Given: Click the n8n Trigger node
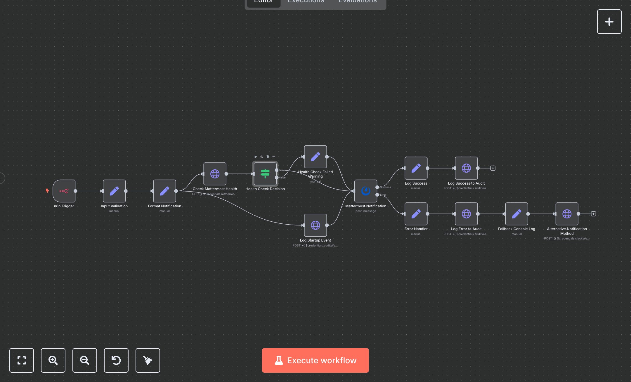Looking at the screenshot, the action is click(64, 191).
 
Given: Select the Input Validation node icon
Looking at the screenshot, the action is click(114, 191).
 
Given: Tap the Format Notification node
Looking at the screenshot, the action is click(164, 191).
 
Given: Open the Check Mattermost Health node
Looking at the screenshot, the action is click(215, 174).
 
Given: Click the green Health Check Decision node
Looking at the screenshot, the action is click(265, 174).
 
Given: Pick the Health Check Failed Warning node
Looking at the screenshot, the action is click(315, 157).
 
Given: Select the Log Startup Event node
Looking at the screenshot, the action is click(315, 225).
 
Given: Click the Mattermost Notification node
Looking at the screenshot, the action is click(366, 191).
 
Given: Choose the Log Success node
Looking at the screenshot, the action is click(416, 168).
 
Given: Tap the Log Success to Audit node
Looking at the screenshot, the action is click(466, 168).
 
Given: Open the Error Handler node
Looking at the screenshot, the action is click(416, 214).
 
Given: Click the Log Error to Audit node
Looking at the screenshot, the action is click(466, 214).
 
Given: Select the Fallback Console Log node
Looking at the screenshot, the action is click(516, 214).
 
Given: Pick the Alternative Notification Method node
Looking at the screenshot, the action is click(567, 214).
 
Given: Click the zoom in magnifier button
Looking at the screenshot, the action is click(53, 360).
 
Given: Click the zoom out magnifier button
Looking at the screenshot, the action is click(85, 360).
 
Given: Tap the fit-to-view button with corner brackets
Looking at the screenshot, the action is click(22, 360).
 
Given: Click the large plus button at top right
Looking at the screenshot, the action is click(609, 22).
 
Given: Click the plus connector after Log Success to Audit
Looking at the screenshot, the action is click(493, 168).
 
